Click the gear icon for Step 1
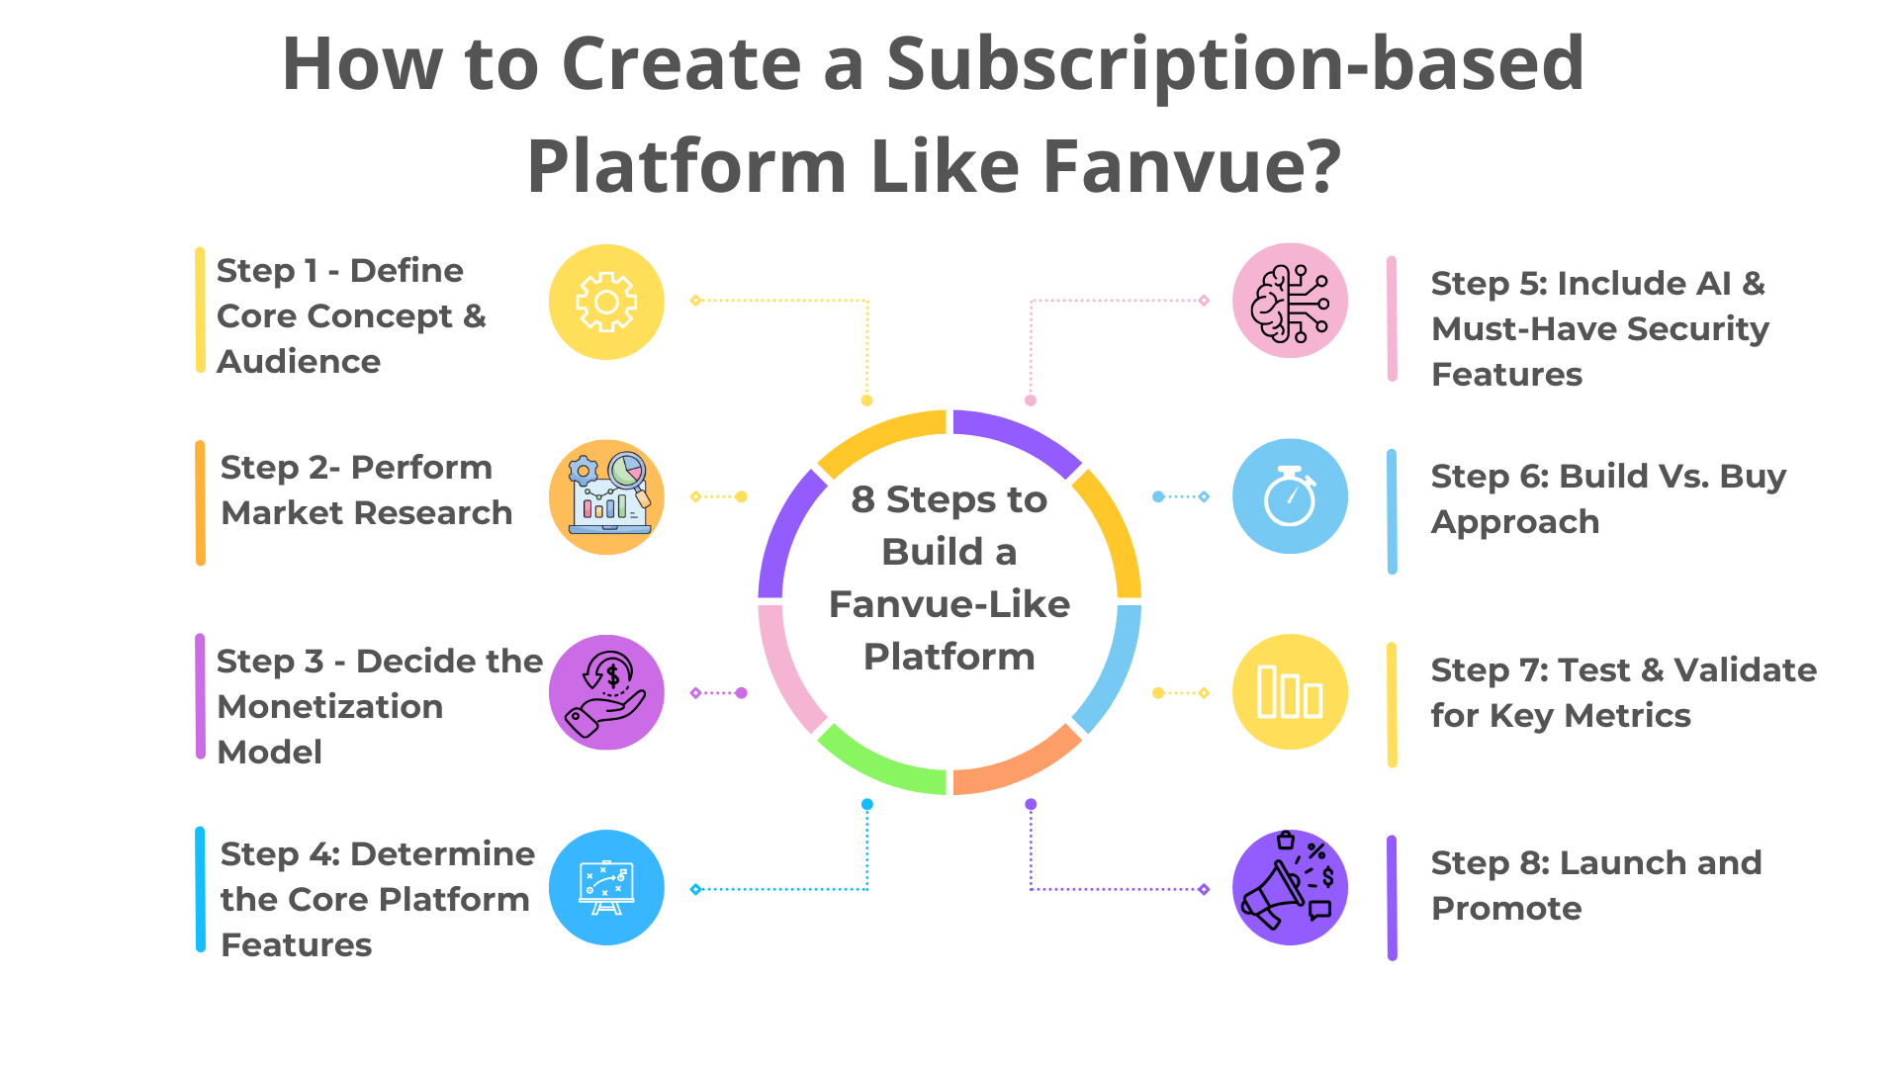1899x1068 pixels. click(x=606, y=302)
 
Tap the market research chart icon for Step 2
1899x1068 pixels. click(x=606, y=496)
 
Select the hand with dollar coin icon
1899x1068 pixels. click(x=606, y=692)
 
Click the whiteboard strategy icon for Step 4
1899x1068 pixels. click(x=606, y=887)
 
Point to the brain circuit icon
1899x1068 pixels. click(x=1290, y=302)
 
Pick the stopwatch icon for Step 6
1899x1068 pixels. click(x=1290, y=496)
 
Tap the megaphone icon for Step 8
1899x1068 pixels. click(x=1290, y=887)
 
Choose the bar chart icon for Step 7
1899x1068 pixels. click(x=1290, y=692)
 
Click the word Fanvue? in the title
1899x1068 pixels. click(x=1192, y=166)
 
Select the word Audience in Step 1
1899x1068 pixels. click(x=299, y=362)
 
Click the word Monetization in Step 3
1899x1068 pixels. click(x=329, y=707)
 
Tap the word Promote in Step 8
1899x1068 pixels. click(x=1506, y=909)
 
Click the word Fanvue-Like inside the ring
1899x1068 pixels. click(x=949, y=604)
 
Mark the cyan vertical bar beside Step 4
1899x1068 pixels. click(x=201, y=890)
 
